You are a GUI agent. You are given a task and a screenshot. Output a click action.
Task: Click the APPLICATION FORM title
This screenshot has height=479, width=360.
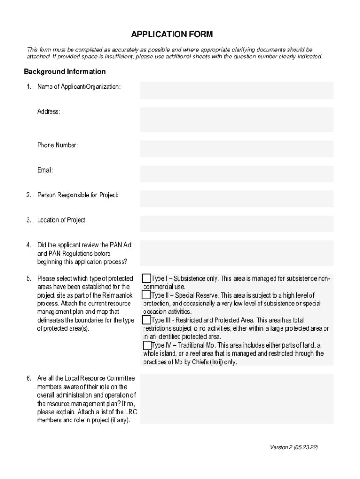click(x=172, y=35)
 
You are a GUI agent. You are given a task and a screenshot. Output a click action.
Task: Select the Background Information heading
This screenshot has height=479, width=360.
click(x=65, y=72)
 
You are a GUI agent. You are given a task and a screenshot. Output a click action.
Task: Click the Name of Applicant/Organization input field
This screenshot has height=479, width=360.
click(x=237, y=90)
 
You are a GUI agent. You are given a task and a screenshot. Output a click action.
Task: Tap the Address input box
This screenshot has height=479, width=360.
click(x=237, y=119)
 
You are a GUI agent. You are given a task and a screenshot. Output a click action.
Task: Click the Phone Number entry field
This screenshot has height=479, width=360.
click(x=237, y=149)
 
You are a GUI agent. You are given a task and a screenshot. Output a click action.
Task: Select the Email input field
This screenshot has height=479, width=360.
click(x=237, y=174)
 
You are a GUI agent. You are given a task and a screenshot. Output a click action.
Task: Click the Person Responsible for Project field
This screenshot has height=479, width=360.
click(x=237, y=198)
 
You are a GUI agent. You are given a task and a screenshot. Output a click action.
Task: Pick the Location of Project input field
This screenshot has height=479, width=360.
click(x=237, y=224)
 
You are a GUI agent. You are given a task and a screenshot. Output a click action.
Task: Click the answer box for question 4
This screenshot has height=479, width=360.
click(x=237, y=253)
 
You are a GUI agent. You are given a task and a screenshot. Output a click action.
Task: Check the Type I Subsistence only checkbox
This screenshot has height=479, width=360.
click(x=147, y=278)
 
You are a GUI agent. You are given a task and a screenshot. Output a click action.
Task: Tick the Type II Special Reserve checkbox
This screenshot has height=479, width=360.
click(x=147, y=295)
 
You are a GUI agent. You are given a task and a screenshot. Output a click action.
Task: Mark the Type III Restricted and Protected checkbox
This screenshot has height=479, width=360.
click(x=147, y=320)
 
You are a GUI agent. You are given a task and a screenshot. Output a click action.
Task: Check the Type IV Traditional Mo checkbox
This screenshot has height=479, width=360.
click(x=147, y=345)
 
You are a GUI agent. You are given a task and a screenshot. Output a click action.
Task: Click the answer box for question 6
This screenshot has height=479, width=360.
click(x=237, y=399)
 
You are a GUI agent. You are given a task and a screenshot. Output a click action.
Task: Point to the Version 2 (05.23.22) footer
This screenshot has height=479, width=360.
click(x=294, y=447)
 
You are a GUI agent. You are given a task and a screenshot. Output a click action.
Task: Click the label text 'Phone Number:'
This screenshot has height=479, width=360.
click(x=58, y=145)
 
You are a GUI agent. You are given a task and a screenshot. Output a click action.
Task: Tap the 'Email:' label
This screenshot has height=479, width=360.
click(x=45, y=170)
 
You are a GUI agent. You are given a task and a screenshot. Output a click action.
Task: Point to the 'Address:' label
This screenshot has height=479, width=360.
click(x=49, y=112)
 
